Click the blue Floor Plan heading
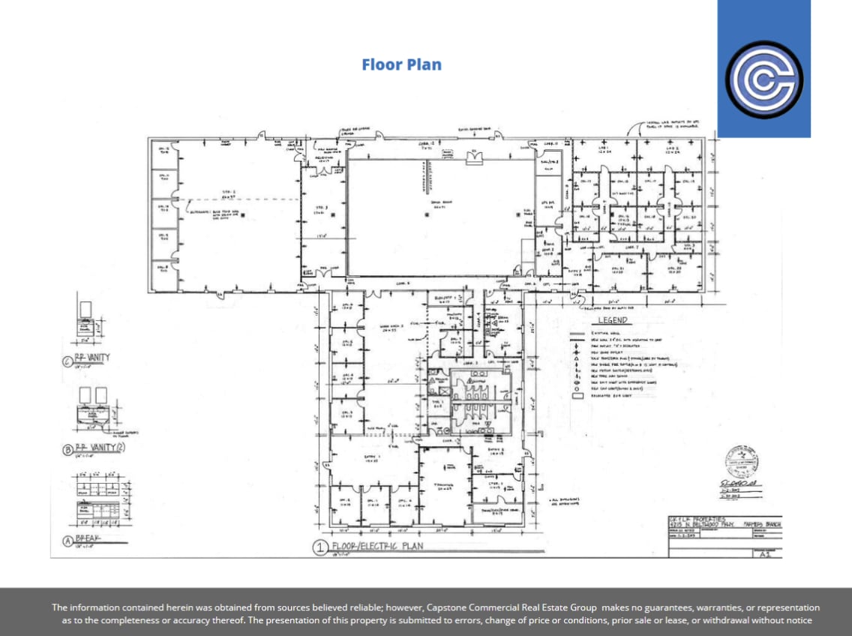(401, 64)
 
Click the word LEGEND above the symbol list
(612, 320)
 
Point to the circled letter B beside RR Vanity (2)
(67, 450)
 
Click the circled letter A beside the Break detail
(67, 541)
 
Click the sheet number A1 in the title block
(764, 556)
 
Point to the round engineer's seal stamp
(739, 459)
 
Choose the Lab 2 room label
(672, 150)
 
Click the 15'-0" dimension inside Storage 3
(321, 236)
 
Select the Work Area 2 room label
(393, 326)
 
